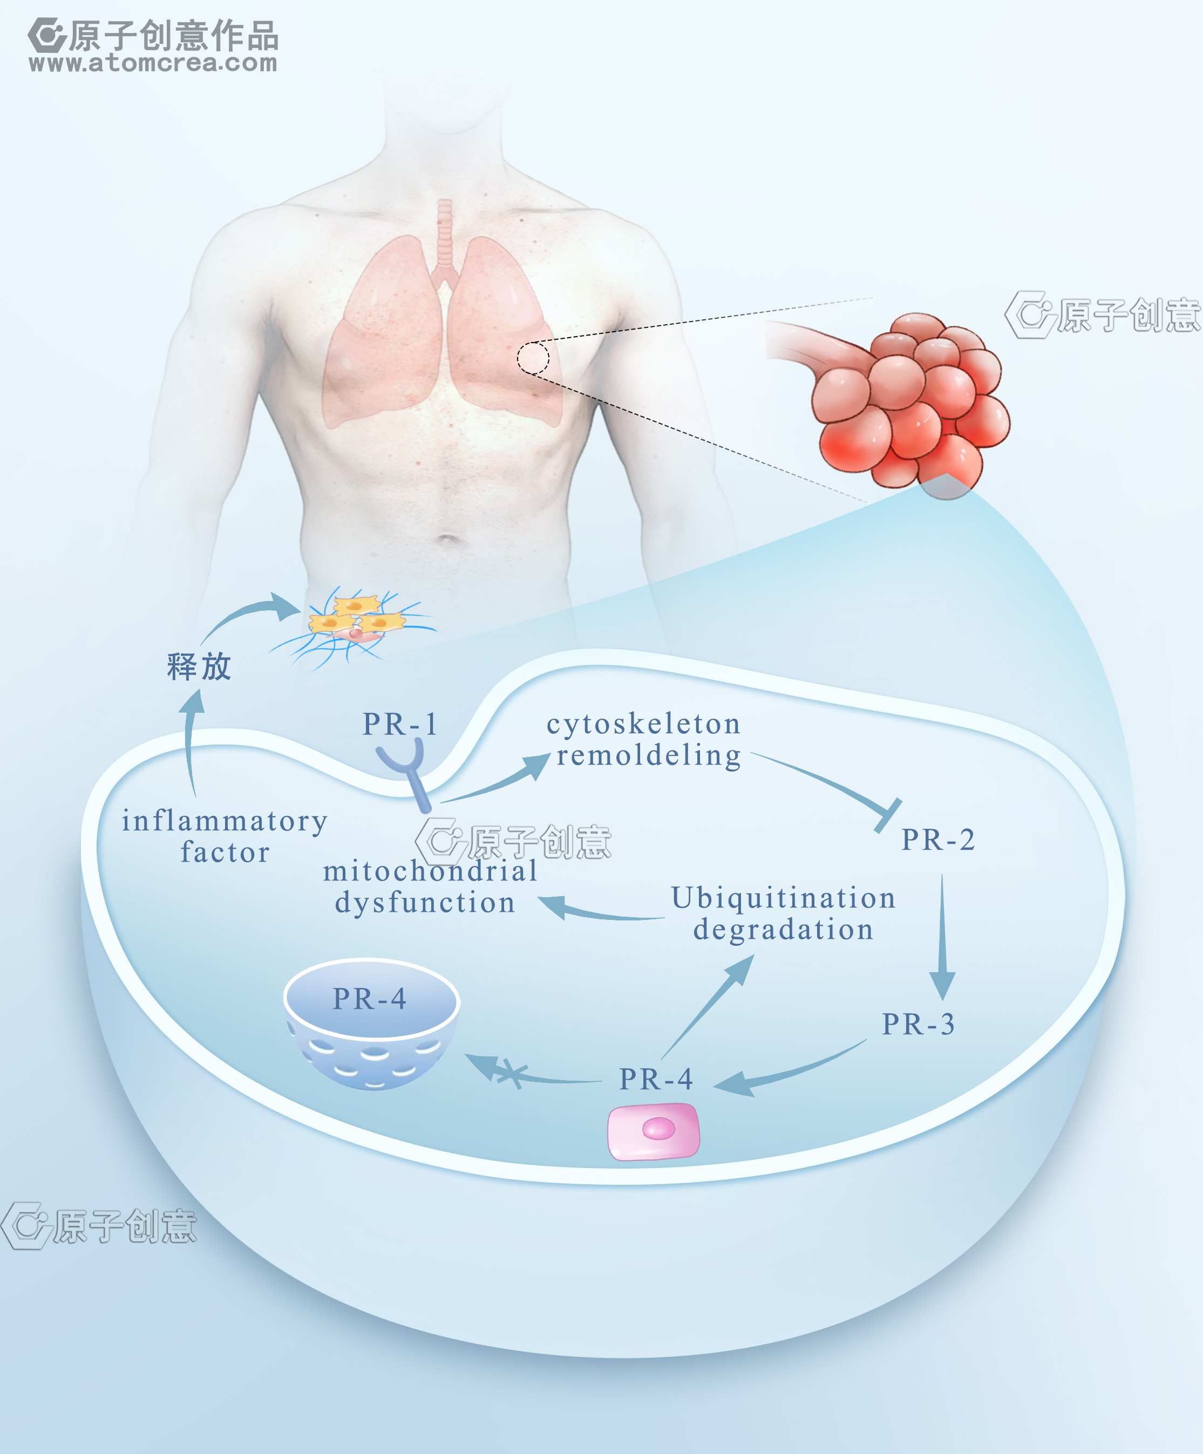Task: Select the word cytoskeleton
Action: [x=643, y=724]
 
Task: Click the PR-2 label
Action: [x=938, y=840]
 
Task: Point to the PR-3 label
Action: [x=919, y=1024]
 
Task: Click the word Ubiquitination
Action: [x=783, y=898]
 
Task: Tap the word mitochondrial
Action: [x=430, y=871]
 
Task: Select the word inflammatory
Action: [x=225, y=822]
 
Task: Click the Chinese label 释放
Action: [x=199, y=667]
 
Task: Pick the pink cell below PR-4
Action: [x=653, y=1131]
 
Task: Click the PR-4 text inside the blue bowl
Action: [x=369, y=999]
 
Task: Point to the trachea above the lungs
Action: [x=444, y=235]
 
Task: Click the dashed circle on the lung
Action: [x=533, y=358]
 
